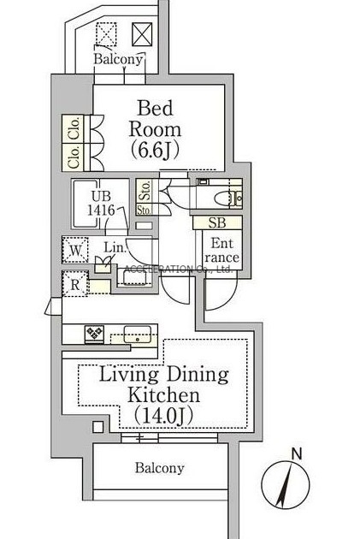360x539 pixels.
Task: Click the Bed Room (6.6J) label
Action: pyautogui.click(x=155, y=129)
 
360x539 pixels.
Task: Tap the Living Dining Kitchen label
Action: pyautogui.click(x=164, y=384)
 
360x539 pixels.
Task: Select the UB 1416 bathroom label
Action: pyautogui.click(x=101, y=203)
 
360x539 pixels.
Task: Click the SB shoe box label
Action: pyautogui.click(x=217, y=222)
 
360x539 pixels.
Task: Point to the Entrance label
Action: pyautogui.click(x=222, y=250)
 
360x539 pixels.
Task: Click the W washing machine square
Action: pyautogui.click(x=75, y=250)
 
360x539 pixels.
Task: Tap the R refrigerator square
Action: pyautogui.click(x=75, y=284)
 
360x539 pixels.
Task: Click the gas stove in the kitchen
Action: pyautogui.click(x=94, y=334)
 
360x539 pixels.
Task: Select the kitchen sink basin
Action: pyautogui.click(x=138, y=335)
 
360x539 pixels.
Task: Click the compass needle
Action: pyautogui.click(x=285, y=485)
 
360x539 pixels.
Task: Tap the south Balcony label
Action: pyautogui.click(x=159, y=468)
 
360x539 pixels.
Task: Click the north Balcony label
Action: pyautogui.click(x=118, y=59)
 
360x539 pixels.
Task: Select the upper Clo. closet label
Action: pyautogui.click(x=74, y=128)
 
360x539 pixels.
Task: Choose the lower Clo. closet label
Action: pyautogui.click(x=74, y=157)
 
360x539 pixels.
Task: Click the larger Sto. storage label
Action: pyautogui.click(x=145, y=190)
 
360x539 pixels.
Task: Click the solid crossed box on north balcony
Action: pyautogui.click(x=142, y=33)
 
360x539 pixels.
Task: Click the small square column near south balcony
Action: pyautogui.click(x=97, y=427)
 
